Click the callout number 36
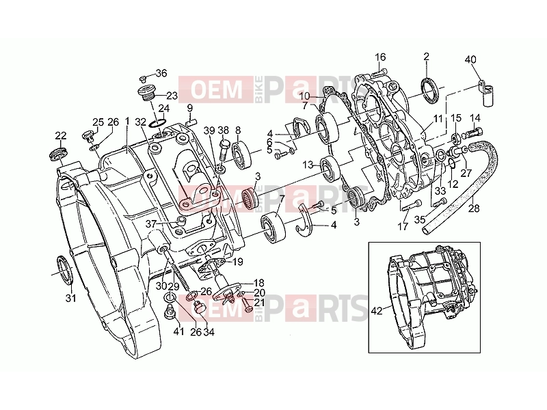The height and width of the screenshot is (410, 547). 161,73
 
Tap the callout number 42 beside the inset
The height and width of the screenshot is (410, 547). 377,311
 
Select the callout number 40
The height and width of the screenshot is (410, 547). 470,59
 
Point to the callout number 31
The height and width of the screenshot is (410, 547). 71,298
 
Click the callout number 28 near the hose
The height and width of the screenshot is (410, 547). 474,208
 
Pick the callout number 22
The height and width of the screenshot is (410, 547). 61,135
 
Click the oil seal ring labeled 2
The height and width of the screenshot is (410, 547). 429,91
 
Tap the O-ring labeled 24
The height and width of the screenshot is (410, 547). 157,123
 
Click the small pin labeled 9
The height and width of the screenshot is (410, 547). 191,122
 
